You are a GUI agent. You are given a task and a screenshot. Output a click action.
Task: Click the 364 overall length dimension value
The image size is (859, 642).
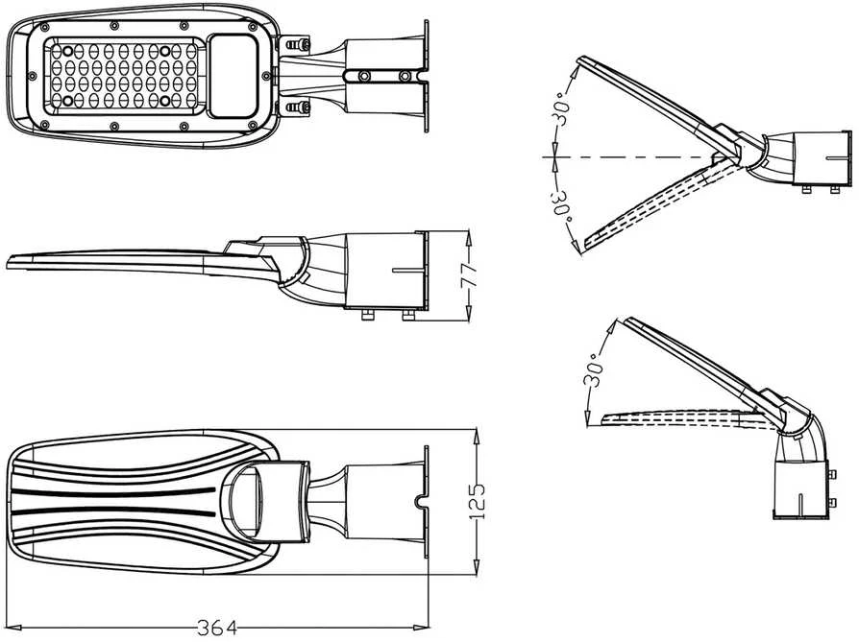tap(217, 628)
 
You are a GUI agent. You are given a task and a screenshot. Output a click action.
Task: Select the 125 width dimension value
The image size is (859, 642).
tap(477, 501)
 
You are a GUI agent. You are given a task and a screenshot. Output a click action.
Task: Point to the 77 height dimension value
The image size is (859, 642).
tap(469, 274)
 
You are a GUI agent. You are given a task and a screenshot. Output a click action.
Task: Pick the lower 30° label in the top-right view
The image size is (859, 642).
tap(562, 205)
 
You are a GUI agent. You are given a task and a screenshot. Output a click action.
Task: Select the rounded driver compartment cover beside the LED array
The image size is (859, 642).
tap(233, 76)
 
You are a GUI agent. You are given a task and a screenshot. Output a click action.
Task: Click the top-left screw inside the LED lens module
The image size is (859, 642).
tap(67, 51)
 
